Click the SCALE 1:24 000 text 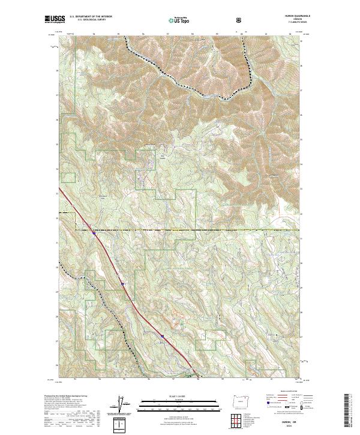[179, 395]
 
